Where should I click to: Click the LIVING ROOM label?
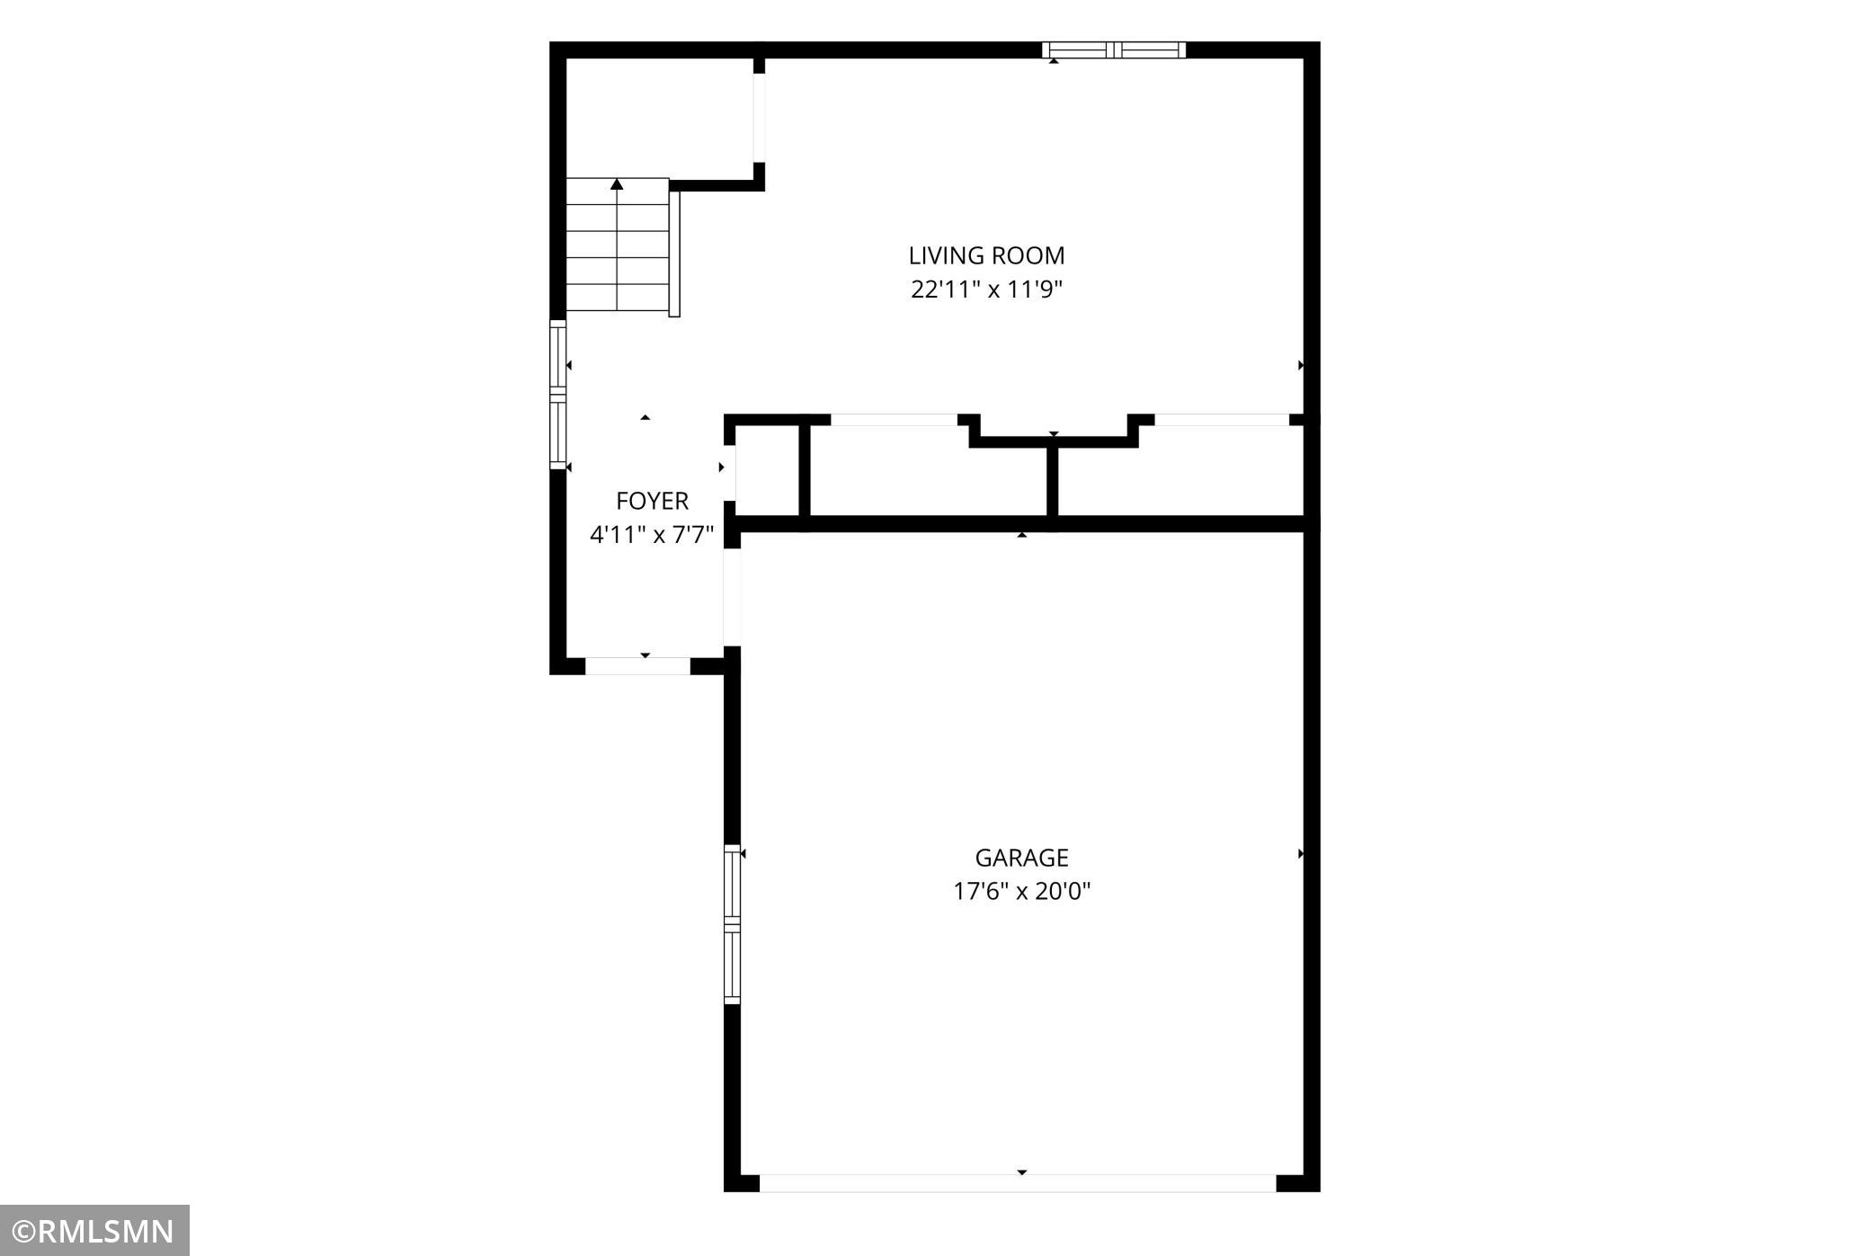pyautogui.click(x=986, y=256)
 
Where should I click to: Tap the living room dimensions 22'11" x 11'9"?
pyautogui.click(x=987, y=290)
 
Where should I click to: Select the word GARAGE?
pyautogui.click(x=1021, y=858)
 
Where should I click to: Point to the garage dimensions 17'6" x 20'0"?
pyautogui.click(x=1022, y=891)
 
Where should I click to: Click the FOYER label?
pyautogui.click(x=652, y=501)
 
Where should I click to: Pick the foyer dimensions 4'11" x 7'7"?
pyautogui.click(x=652, y=535)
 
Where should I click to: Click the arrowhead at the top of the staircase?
pyautogui.click(x=617, y=183)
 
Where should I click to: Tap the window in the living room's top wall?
pyautogui.click(x=1114, y=50)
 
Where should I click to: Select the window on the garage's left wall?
pyautogui.click(x=733, y=924)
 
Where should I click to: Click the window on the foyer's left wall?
pyautogui.click(x=558, y=395)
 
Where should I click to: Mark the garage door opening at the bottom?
pyautogui.click(x=1018, y=1183)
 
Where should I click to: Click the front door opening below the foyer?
pyautogui.click(x=637, y=666)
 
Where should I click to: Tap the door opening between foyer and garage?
pyautogui.click(x=732, y=597)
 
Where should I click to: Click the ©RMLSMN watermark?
pyautogui.click(x=94, y=1231)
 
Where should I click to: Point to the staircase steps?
pyautogui.click(x=618, y=245)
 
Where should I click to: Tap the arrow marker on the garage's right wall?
pyautogui.click(x=1301, y=854)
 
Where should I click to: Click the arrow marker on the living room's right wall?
pyautogui.click(x=1301, y=365)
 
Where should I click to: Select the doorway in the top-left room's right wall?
pyautogui.click(x=759, y=118)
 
